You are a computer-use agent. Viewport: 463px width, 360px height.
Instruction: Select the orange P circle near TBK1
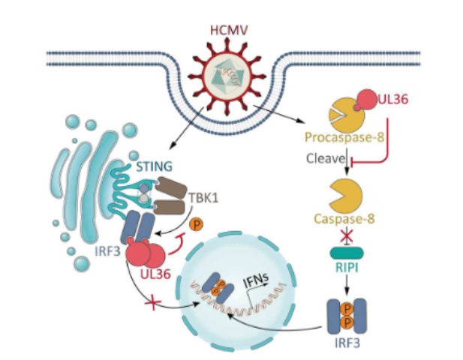click(x=197, y=224)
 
